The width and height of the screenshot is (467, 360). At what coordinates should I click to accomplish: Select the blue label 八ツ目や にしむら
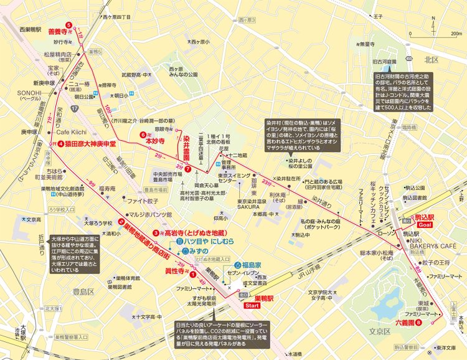click(200, 240)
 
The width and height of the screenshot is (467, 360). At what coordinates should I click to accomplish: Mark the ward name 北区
click(432, 60)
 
